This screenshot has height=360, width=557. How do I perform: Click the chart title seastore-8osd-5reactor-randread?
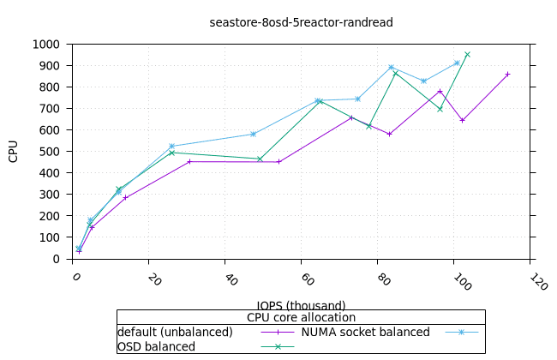[x=302, y=22]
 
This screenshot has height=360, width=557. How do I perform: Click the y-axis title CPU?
[x=14, y=151]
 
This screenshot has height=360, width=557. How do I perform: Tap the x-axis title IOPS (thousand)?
[x=301, y=305]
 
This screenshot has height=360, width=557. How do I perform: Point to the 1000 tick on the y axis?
[x=46, y=44]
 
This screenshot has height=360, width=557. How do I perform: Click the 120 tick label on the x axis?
[x=538, y=282]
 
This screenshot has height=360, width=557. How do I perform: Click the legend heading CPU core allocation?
[x=301, y=318]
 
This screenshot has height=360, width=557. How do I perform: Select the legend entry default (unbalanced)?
[x=175, y=332]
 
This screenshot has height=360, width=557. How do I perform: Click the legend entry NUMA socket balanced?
[x=365, y=332]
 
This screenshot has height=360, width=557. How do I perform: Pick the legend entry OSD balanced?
[x=156, y=346]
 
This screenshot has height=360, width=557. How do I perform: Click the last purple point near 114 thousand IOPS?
[x=507, y=75]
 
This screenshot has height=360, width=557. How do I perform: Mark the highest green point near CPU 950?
[x=467, y=54]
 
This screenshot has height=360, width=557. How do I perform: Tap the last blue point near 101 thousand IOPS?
[x=457, y=63]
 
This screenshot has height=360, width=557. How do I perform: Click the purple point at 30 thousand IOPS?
[x=189, y=161]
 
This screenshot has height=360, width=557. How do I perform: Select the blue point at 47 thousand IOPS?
[x=253, y=134]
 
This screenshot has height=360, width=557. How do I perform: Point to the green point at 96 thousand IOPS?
[x=440, y=109]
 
